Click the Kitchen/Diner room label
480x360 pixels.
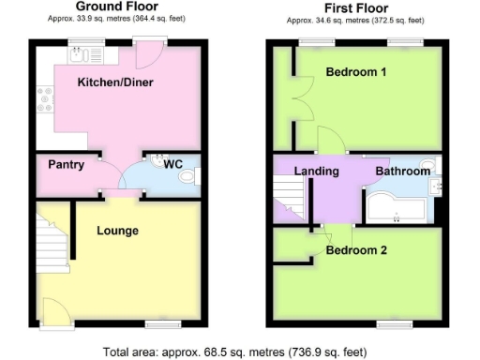tap(116, 82)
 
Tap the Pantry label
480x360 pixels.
tap(66, 165)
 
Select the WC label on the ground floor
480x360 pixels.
tap(172, 165)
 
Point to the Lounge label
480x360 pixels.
tap(117, 231)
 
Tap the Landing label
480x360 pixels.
tap(316, 172)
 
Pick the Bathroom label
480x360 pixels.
tap(403, 172)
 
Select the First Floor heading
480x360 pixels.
tap(355, 7)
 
